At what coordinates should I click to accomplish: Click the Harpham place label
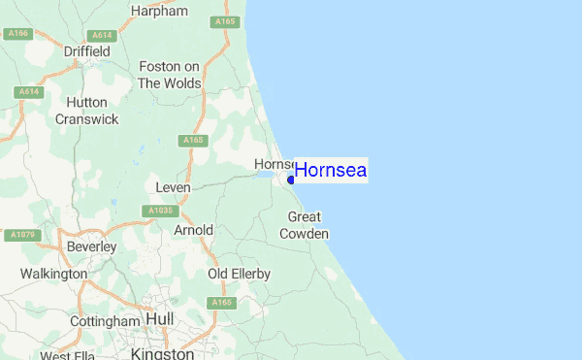click(157, 13)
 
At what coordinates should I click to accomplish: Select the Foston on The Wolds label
click(169, 75)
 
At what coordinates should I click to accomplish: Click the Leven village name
click(172, 184)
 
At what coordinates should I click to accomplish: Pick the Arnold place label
click(192, 230)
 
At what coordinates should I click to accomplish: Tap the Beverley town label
click(91, 246)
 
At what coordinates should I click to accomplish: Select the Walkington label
click(53, 275)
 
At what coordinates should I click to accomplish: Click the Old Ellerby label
click(239, 275)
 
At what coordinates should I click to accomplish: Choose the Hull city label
click(159, 319)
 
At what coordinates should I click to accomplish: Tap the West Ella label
click(68, 355)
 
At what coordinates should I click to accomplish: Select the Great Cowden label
click(305, 225)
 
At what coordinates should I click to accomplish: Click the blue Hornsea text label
click(331, 171)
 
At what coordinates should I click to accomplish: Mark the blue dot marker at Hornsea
click(291, 179)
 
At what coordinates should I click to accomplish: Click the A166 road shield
click(17, 34)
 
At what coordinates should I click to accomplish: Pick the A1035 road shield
click(161, 210)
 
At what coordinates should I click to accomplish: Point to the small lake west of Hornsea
click(267, 177)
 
